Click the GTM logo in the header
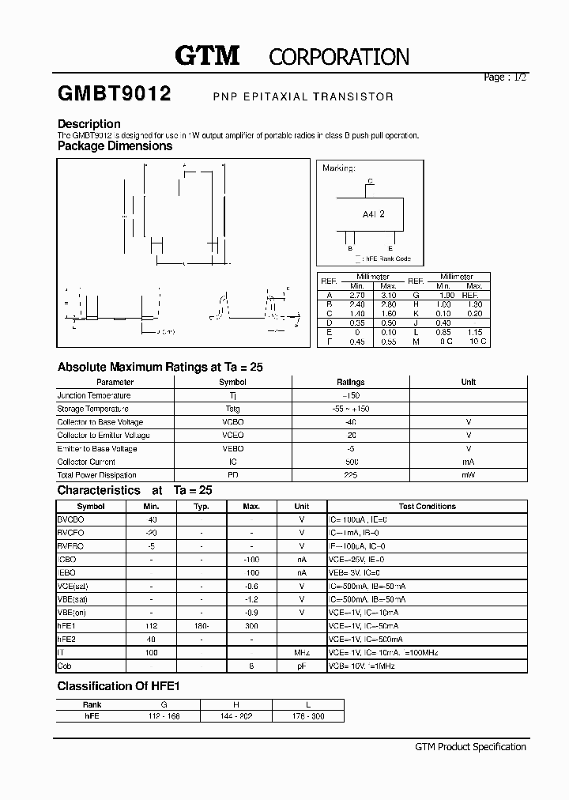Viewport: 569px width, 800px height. click(206, 55)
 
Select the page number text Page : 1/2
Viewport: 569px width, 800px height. click(504, 77)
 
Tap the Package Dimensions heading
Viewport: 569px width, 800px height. click(115, 145)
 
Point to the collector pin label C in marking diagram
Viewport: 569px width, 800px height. click(369, 181)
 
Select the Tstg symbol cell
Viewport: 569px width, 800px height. click(232, 409)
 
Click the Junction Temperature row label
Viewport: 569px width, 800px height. click(94, 395)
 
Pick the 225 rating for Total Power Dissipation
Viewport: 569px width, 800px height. click(350, 475)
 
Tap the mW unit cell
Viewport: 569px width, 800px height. click(468, 475)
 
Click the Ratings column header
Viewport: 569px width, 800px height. click(350, 382)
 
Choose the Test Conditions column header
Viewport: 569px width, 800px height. click(427, 506)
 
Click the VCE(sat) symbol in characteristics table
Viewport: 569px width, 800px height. click(73, 587)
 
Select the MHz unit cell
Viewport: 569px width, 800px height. click(301, 653)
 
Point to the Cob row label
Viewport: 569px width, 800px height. click(65, 666)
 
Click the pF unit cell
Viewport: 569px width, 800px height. click(301, 666)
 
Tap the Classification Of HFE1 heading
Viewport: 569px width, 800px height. click(119, 686)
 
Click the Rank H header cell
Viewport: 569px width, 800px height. click(236, 704)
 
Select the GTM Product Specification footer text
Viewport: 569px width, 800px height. click(469, 747)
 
